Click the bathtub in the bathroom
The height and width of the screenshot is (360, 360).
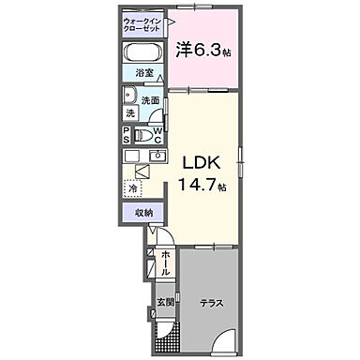[x=142, y=52]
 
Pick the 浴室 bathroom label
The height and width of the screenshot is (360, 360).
[x=142, y=72]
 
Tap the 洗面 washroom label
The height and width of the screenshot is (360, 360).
[x=152, y=99]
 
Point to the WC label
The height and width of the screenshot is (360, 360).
[x=159, y=133]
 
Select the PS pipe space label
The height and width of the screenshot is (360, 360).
[x=127, y=133]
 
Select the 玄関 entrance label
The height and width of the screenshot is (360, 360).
[x=164, y=302]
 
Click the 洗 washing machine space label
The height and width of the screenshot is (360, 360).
[x=131, y=113]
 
